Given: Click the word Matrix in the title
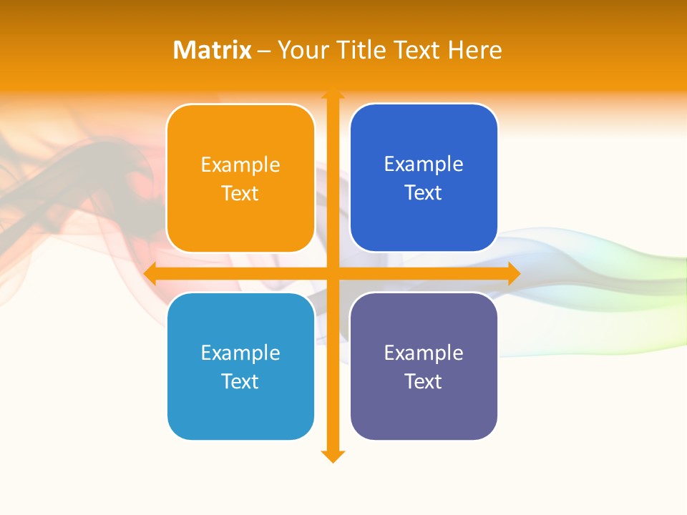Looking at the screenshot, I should coord(212,50).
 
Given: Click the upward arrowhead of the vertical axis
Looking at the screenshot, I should coord(333,94).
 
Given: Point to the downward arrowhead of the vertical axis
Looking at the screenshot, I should coord(333,456).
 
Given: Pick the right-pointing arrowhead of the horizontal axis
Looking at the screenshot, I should coord(513,273).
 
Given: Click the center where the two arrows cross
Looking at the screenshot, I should coord(333,273).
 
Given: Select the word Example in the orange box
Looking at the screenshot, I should coord(240,165).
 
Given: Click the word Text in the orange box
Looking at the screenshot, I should coord(240,194).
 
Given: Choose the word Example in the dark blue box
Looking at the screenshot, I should coord(424,165).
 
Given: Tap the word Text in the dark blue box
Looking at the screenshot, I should coord(424,193).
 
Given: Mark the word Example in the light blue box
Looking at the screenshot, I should coord(240,353).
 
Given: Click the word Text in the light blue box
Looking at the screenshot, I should coord(240,382).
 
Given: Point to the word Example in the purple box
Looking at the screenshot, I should coord(424,353).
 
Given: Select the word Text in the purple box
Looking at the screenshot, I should coord(424,382).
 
